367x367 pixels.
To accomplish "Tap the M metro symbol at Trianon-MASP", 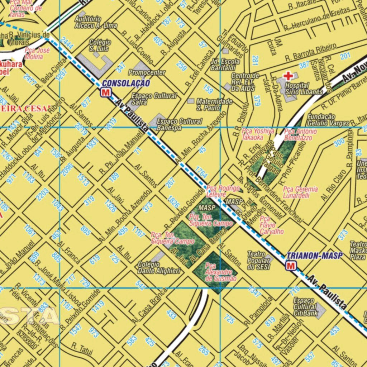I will click(291, 266).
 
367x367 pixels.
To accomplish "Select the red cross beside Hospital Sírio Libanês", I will click(288, 76).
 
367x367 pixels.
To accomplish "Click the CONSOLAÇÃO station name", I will click(125, 84).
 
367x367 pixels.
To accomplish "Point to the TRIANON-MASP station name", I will click(315, 256).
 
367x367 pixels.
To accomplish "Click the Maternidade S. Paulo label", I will click(214, 105).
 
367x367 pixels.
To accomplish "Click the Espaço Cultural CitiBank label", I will click(306, 308).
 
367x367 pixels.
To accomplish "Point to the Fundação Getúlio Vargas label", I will click(328, 120).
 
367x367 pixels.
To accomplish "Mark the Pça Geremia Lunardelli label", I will click(300, 192).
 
